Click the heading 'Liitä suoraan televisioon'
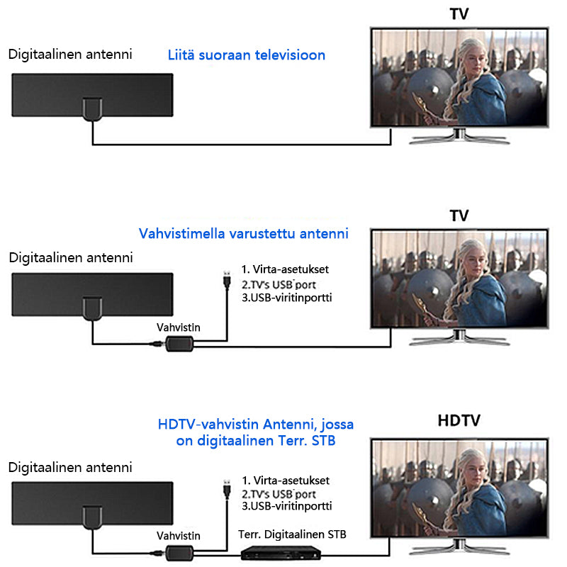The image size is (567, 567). click(x=247, y=55)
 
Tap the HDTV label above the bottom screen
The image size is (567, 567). click(x=459, y=420)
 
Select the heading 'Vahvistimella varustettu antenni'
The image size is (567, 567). click(x=244, y=233)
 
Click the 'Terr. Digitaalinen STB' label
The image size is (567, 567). click(x=293, y=534)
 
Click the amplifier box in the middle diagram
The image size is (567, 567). click(x=180, y=344)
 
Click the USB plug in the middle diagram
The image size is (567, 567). click(x=225, y=278)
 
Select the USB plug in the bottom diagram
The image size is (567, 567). click(x=225, y=488)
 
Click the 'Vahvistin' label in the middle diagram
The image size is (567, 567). click(x=178, y=328)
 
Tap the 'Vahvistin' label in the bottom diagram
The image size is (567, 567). click(x=178, y=537)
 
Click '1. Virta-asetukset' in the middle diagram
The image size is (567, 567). click(x=285, y=270)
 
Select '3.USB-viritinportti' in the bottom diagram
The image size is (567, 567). click(x=286, y=507)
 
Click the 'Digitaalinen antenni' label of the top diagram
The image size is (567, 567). click(x=69, y=55)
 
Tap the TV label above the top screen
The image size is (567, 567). click(x=459, y=14)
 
